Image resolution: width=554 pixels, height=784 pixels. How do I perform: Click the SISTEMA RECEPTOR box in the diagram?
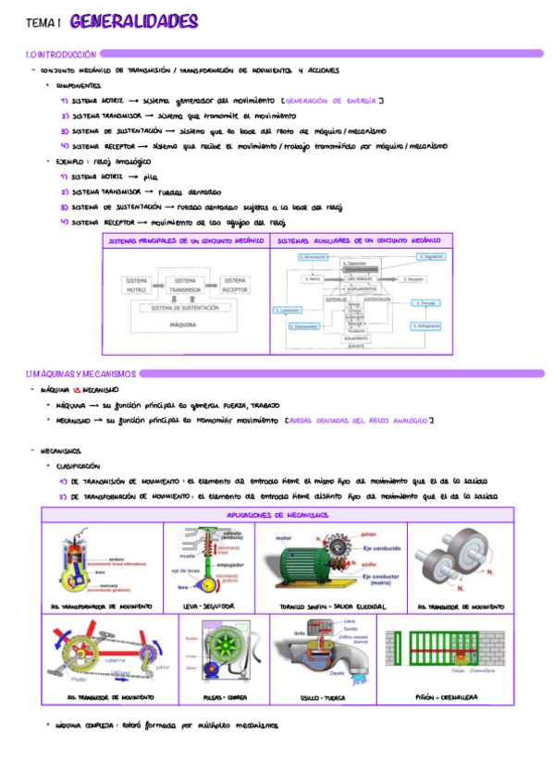point(234,284)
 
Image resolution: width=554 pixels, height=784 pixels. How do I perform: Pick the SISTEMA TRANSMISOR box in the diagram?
point(185,284)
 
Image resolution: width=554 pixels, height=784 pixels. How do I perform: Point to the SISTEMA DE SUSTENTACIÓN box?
point(185,308)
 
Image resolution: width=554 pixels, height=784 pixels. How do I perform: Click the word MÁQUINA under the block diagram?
point(185,325)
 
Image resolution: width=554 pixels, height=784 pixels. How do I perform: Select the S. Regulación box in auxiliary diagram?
point(430,256)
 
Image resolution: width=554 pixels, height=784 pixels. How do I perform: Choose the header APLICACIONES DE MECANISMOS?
point(277,515)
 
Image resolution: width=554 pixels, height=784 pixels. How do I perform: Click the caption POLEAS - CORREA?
point(225,697)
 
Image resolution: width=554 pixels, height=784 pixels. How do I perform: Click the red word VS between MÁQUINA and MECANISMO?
point(78,391)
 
